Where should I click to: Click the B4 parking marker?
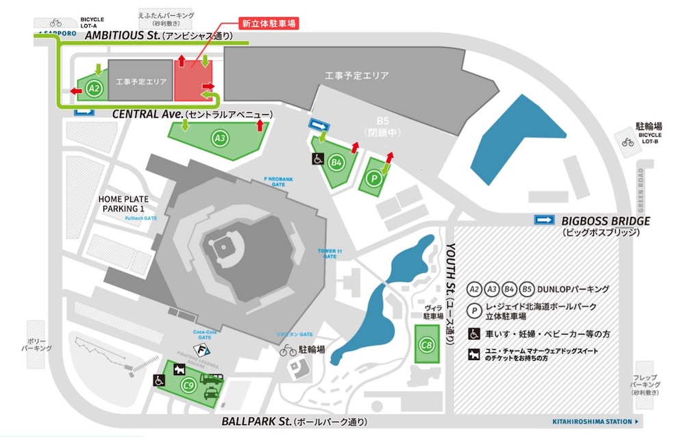tap(336, 162)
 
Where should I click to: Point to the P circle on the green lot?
tap(373, 177)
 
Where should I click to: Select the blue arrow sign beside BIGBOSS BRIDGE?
tap(545, 220)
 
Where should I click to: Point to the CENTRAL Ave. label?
tap(148, 114)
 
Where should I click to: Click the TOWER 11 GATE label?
tap(330, 253)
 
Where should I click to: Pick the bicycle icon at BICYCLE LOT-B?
tap(628, 142)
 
